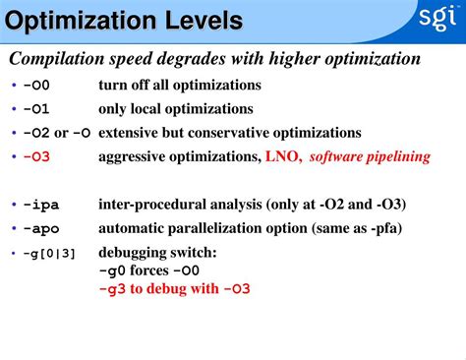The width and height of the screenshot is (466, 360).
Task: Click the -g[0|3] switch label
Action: [49, 253]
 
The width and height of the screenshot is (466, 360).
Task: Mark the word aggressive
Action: [137, 156]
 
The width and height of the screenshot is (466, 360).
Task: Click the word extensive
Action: [131, 133]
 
